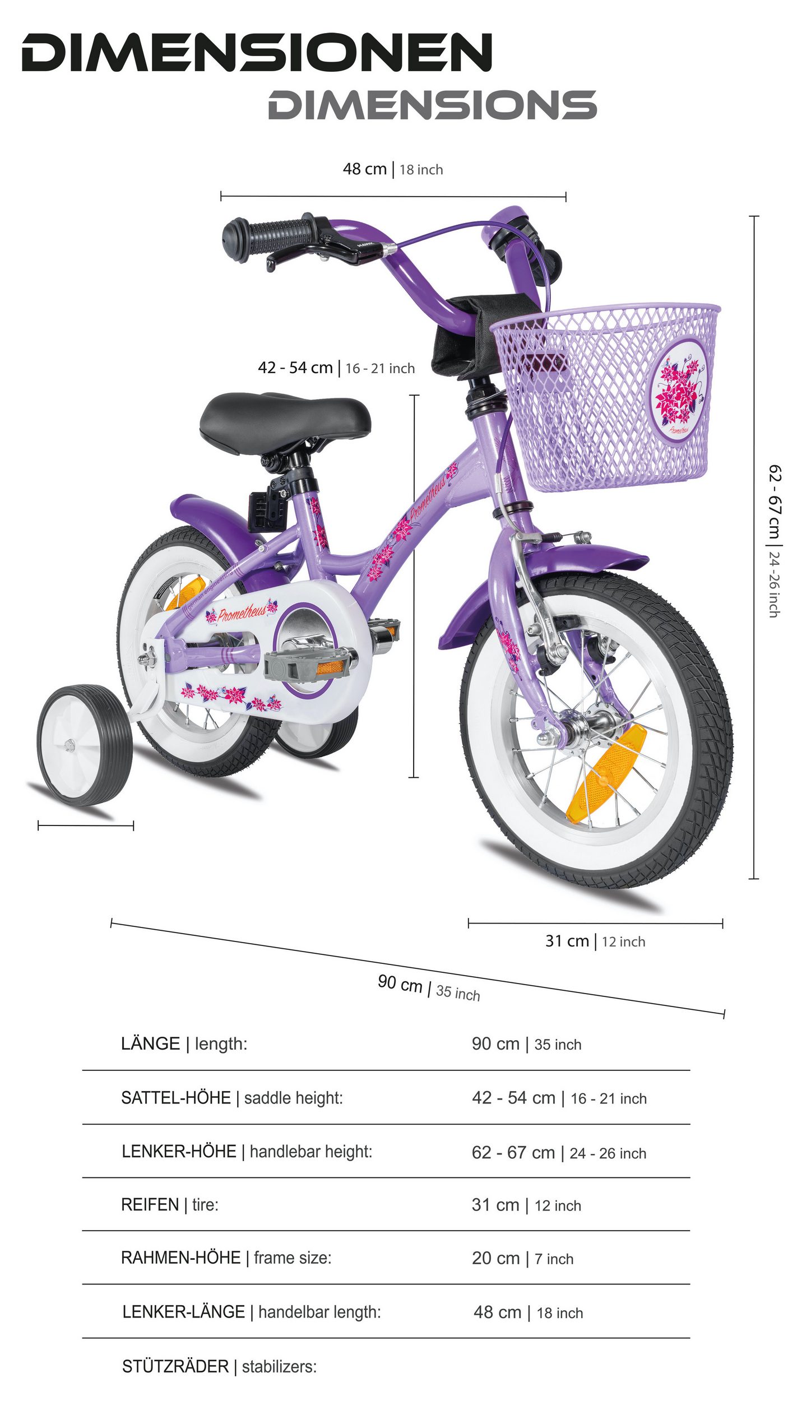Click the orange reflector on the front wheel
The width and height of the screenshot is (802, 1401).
[605, 773]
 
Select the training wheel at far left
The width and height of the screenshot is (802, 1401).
[84, 745]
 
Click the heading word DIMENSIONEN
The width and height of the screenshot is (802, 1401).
[257, 53]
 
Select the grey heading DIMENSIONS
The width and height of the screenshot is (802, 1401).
[432, 105]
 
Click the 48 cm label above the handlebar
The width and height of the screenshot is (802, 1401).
[364, 169]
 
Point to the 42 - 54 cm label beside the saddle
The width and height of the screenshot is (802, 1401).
[295, 368]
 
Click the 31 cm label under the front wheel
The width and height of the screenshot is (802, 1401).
[567, 941]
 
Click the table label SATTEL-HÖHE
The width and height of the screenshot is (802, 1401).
[175, 1097]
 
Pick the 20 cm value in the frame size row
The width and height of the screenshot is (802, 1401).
[495, 1258]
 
